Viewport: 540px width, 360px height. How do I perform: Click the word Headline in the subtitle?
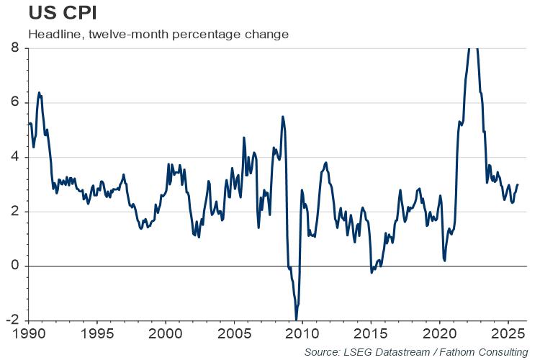[51, 34]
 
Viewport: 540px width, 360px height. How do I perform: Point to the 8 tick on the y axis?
[14, 48]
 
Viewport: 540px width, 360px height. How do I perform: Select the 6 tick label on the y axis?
[14, 103]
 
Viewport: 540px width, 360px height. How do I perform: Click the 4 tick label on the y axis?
[14, 157]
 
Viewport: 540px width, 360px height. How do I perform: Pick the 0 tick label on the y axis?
[14, 266]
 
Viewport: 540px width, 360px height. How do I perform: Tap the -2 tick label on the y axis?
[12, 321]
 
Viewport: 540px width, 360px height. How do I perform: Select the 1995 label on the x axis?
[98, 334]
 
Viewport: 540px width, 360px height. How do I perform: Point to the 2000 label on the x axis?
[166, 334]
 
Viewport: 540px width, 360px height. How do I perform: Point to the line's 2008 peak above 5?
[282, 117]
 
